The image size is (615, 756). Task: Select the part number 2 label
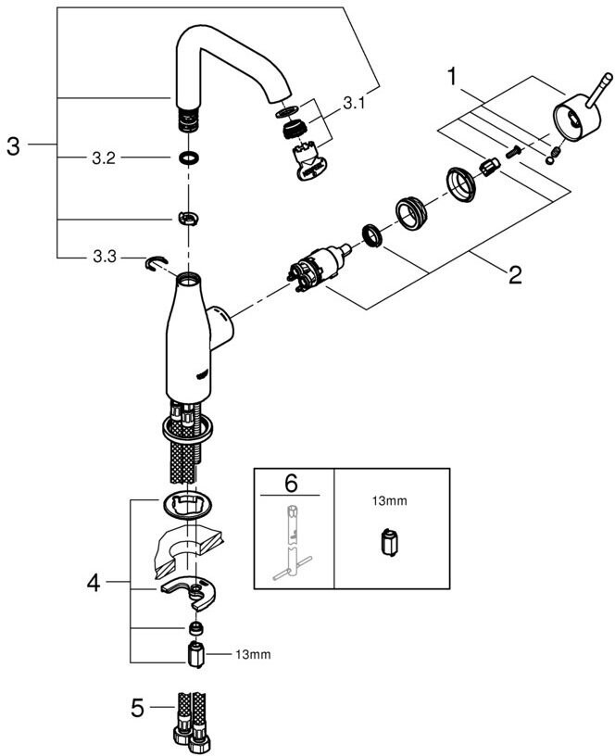[514, 274]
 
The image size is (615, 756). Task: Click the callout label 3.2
[103, 157]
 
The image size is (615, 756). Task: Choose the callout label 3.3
[103, 257]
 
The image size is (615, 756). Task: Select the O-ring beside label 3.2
[188, 157]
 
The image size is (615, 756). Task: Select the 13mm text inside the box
[387, 501]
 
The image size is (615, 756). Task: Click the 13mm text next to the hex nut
[251, 655]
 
